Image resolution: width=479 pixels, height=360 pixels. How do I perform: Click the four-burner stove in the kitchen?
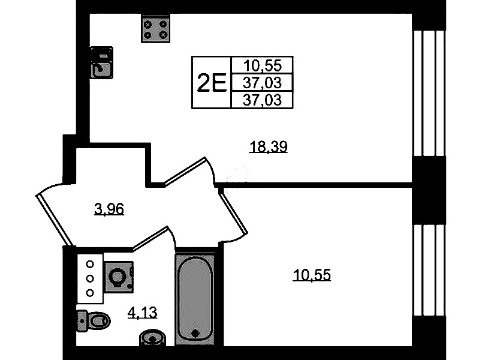pos(155,29)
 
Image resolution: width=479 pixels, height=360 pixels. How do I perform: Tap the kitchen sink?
pos(102,63)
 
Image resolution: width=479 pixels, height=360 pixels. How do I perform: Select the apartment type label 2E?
pos(212,83)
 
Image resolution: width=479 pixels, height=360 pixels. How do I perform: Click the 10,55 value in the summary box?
pos(263,65)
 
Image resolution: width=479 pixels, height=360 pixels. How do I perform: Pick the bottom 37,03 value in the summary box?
pos(262,100)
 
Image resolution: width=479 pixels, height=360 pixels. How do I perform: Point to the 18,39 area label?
pos(269,147)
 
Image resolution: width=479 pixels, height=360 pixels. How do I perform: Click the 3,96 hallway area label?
pos(109,210)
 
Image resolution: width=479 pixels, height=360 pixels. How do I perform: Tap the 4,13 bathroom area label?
pos(142,313)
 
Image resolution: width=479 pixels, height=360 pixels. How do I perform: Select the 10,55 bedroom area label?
pos(312,275)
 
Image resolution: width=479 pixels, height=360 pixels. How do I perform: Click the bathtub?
pos(195,299)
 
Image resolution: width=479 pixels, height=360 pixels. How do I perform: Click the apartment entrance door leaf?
pos(55,220)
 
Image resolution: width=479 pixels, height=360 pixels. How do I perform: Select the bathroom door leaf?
pos(150,238)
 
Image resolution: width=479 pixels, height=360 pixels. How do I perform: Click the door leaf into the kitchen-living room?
pos(185,171)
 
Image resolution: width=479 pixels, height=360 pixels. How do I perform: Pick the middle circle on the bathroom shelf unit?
pos(90,278)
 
